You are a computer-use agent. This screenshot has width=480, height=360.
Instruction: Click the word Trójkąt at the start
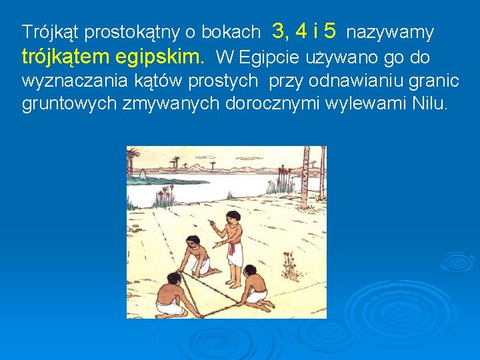click(x=51, y=32)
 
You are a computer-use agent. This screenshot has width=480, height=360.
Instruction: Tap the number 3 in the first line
click(x=280, y=31)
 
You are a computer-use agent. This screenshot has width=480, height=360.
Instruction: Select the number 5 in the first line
click(x=330, y=31)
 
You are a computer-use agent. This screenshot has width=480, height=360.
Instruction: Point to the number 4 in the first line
click(x=301, y=31)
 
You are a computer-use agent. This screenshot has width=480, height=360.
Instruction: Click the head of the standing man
click(x=233, y=217)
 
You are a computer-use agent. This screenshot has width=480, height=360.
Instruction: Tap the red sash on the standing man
click(x=233, y=249)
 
